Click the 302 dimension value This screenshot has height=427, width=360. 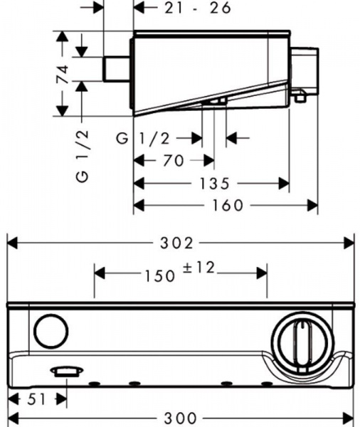(176, 243)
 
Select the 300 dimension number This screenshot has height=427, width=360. (180, 418)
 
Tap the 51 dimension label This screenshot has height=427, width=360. (36, 400)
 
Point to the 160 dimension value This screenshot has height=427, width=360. (228, 206)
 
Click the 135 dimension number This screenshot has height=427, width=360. (215, 184)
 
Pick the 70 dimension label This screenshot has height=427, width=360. (173, 160)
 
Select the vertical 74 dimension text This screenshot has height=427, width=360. (63, 74)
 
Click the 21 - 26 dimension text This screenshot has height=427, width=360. (198, 8)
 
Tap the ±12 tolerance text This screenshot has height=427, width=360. (198, 268)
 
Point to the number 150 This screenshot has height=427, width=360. (159, 276)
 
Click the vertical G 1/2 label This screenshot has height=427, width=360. (83, 156)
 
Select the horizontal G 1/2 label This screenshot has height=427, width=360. (143, 138)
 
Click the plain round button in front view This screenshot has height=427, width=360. (51, 331)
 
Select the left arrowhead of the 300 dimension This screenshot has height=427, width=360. (13, 418)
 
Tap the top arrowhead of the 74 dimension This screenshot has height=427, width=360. (63, 36)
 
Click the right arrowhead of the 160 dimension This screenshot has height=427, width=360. (312, 206)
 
